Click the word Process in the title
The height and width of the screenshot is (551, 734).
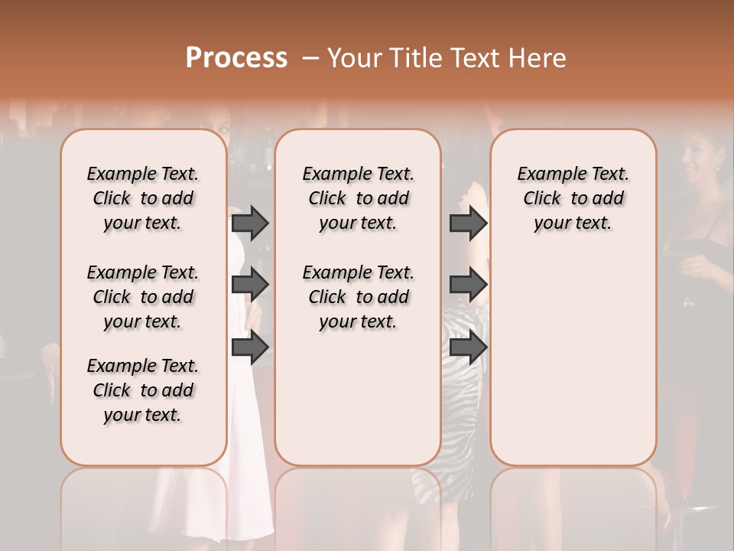click(236, 57)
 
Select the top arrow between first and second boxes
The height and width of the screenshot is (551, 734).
click(250, 223)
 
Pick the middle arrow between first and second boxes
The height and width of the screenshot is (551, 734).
click(250, 285)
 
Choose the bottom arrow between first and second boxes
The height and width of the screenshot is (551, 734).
click(250, 347)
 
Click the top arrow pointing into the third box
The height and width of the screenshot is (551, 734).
click(468, 223)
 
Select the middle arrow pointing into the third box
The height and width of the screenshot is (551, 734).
click(468, 285)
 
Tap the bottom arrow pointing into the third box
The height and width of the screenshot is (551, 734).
click(468, 347)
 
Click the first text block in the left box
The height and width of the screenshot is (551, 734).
click(143, 198)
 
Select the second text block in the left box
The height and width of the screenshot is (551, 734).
click(143, 297)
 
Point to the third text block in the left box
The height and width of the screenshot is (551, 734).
click(143, 390)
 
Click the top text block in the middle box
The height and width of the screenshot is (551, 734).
click(358, 198)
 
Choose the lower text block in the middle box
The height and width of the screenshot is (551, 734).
click(358, 297)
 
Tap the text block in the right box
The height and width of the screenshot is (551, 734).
click(573, 198)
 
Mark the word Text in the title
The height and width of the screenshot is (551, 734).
click(475, 57)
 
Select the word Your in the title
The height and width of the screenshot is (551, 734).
click(352, 57)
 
